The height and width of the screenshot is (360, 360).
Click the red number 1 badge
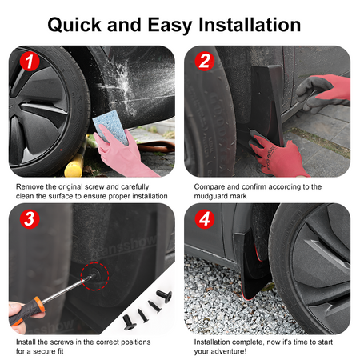30,62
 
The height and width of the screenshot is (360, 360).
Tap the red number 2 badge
205,61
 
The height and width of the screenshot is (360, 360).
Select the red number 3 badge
30,219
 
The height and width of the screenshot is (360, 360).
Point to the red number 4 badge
205,219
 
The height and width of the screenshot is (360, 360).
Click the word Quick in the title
74,25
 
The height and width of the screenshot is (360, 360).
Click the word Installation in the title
250,25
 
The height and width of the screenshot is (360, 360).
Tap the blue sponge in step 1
110,127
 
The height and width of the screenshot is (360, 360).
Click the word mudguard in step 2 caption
210,196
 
